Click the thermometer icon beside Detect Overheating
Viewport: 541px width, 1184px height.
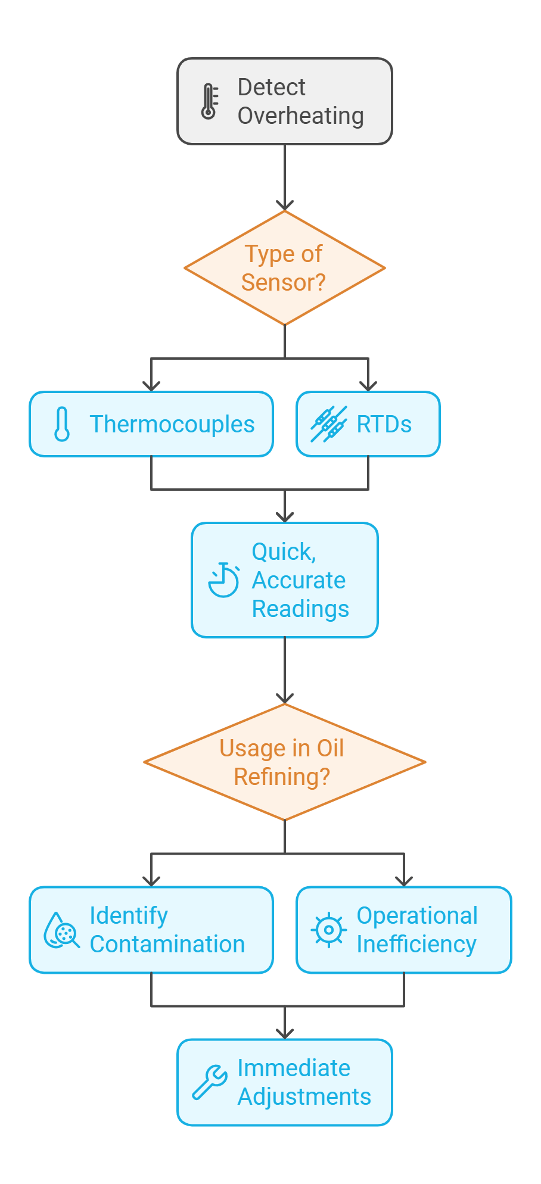pos(209,101)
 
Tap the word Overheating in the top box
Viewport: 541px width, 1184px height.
pos(300,116)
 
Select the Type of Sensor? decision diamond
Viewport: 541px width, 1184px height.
pos(285,268)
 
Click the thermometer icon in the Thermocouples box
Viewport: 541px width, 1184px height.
pos(62,424)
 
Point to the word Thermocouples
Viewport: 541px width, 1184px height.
pos(172,425)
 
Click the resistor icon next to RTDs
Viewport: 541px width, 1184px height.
pos(328,424)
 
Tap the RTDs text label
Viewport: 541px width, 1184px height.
pos(384,425)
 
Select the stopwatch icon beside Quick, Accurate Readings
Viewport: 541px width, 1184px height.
pos(223,579)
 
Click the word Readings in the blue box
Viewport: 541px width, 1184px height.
pos(300,609)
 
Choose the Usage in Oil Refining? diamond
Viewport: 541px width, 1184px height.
pos(285,762)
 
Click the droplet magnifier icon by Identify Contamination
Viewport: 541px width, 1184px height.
pos(61,930)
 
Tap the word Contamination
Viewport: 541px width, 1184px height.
pos(167,945)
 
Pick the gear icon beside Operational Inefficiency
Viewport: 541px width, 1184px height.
pos(328,930)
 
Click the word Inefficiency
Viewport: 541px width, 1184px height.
pos(416,945)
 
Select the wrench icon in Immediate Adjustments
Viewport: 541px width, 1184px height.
pos(209,1082)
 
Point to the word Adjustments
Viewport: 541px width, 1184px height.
pos(304,1097)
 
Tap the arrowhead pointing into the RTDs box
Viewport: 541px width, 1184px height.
pos(368,386)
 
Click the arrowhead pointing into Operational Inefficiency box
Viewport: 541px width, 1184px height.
pos(404,881)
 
